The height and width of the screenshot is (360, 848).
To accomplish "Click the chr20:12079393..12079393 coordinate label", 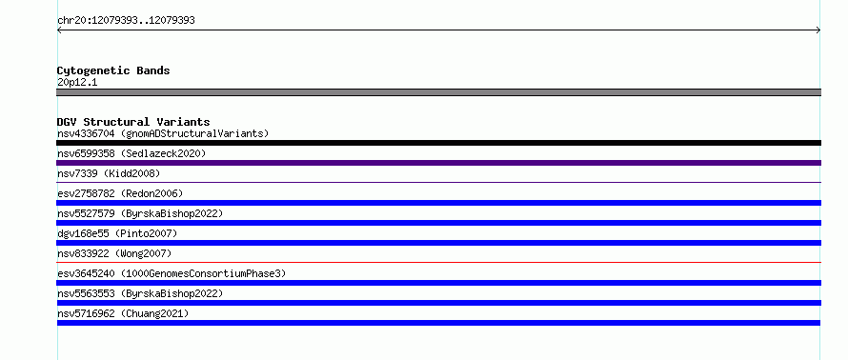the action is pyautogui.click(x=126, y=21).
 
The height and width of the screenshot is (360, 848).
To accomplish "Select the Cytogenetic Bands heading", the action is pyautogui.click(x=113, y=70).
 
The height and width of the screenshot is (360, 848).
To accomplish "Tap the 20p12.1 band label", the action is pyautogui.click(x=77, y=82).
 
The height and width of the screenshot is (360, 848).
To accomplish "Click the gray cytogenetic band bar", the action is pyautogui.click(x=438, y=92).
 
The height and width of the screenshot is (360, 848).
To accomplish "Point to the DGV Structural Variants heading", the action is pyautogui.click(x=133, y=122).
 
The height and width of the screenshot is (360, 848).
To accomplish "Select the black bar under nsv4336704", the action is pyautogui.click(x=438, y=143).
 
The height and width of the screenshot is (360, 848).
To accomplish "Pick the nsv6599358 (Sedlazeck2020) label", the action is pyautogui.click(x=131, y=153).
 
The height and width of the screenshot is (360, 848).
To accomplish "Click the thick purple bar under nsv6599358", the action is pyautogui.click(x=438, y=163).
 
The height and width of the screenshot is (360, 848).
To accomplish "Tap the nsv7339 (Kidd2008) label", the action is pyautogui.click(x=109, y=173).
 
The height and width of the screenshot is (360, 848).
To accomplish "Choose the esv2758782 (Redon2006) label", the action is pyautogui.click(x=120, y=193).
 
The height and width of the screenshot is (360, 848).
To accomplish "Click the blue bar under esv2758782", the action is pyautogui.click(x=438, y=203).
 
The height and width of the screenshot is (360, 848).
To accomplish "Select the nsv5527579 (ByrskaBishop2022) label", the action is pyautogui.click(x=140, y=213).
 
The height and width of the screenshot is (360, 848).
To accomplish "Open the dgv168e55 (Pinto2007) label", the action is pyautogui.click(x=117, y=233).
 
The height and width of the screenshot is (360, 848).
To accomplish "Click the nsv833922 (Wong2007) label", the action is pyautogui.click(x=114, y=253).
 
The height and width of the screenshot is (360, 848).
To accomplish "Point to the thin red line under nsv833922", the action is pyautogui.click(x=438, y=263).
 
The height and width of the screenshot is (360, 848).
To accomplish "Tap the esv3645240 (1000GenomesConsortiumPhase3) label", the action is pyautogui.click(x=172, y=273).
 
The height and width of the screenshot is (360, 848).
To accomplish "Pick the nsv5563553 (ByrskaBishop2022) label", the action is pyautogui.click(x=140, y=293).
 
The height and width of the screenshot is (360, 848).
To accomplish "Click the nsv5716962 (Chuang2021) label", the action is pyautogui.click(x=123, y=313).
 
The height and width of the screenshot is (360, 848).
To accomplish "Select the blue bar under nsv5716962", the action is pyautogui.click(x=438, y=323).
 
